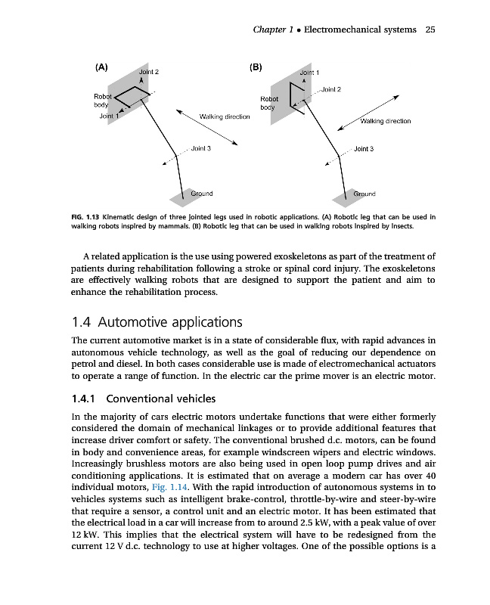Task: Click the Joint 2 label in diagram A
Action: (148, 71)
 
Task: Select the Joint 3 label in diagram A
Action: (200, 148)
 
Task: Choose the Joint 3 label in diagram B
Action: (364, 149)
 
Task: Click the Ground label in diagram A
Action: (201, 194)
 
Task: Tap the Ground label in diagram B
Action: (364, 194)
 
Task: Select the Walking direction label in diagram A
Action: (224, 116)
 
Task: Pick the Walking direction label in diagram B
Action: (386, 121)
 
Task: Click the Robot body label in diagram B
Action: (270, 103)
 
